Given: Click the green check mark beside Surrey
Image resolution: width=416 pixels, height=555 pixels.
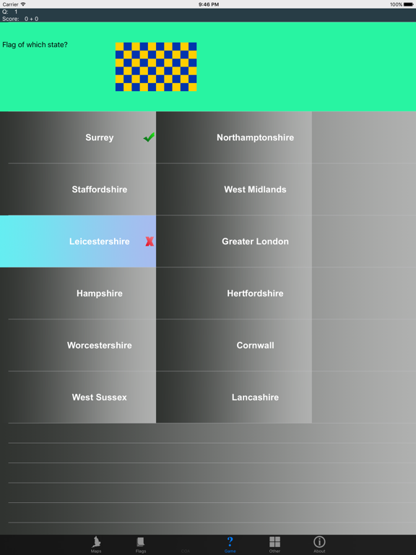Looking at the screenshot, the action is tap(149, 137).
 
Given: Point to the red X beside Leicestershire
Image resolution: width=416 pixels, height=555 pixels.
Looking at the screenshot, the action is tap(149, 241).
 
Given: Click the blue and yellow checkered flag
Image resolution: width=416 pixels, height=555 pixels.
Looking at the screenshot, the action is tap(156, 67).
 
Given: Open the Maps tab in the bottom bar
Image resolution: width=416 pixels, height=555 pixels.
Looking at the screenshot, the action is tap(96, 544).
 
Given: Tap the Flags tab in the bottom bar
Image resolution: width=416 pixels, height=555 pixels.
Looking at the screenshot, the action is tap(140, 544).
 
